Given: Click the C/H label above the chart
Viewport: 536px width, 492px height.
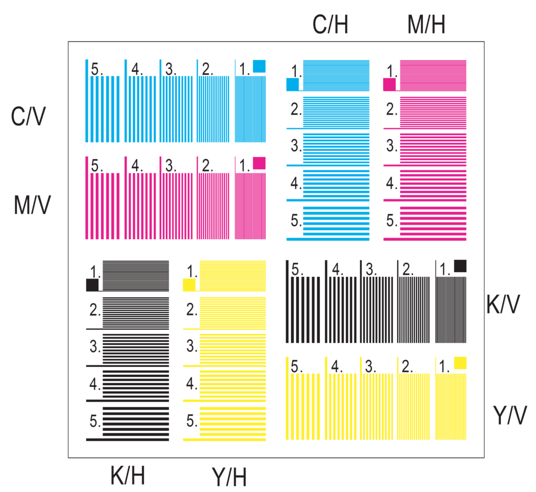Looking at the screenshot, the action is (x=330, y=25).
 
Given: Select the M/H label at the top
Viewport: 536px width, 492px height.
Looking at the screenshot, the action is (x=426, y=25).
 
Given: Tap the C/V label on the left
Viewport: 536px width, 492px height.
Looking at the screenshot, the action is (x=28, y=116).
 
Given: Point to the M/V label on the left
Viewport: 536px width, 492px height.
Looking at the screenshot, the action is (x=32, y=205).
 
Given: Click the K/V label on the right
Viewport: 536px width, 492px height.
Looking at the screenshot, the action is (x=503, y=304).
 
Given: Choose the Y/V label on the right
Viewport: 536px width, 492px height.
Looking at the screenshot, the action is (x=510, y=415).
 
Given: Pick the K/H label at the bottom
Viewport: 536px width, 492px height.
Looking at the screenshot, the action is (x=128, y=475).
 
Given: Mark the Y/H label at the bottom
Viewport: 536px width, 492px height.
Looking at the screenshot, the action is (x=229, y=477).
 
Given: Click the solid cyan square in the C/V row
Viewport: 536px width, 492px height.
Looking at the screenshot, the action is (x=259, y=66).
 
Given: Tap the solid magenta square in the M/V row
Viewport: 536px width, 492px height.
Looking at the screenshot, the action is (x=259, y=163).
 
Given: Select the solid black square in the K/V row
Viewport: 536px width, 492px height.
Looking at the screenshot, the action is (x=460, y=266).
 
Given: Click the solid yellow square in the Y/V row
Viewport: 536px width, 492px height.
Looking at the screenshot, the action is (x=460, y=363).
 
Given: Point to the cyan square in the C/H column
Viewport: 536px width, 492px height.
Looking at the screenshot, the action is (x=293, y=84).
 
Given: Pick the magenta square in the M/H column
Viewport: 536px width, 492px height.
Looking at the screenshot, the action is (x=389, y=84).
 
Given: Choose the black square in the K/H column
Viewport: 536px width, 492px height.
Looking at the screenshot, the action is (x=92, y=285).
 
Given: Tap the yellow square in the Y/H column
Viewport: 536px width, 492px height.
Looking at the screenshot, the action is (x=189, y=285).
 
